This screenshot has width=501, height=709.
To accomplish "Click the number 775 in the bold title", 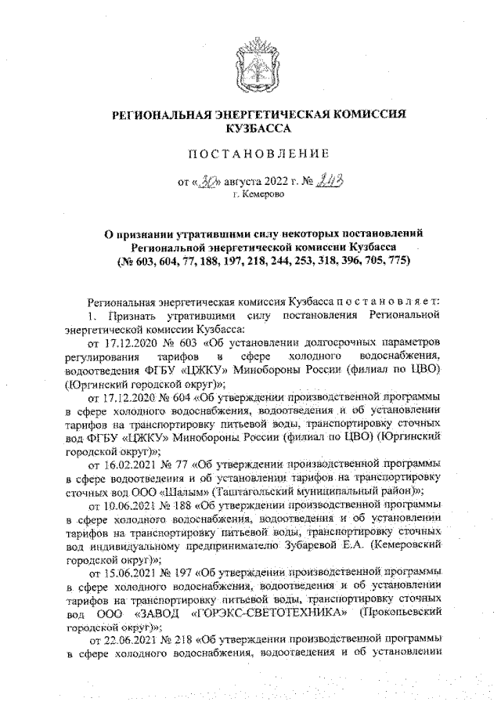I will pyautogui.click(x=391, y=260).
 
